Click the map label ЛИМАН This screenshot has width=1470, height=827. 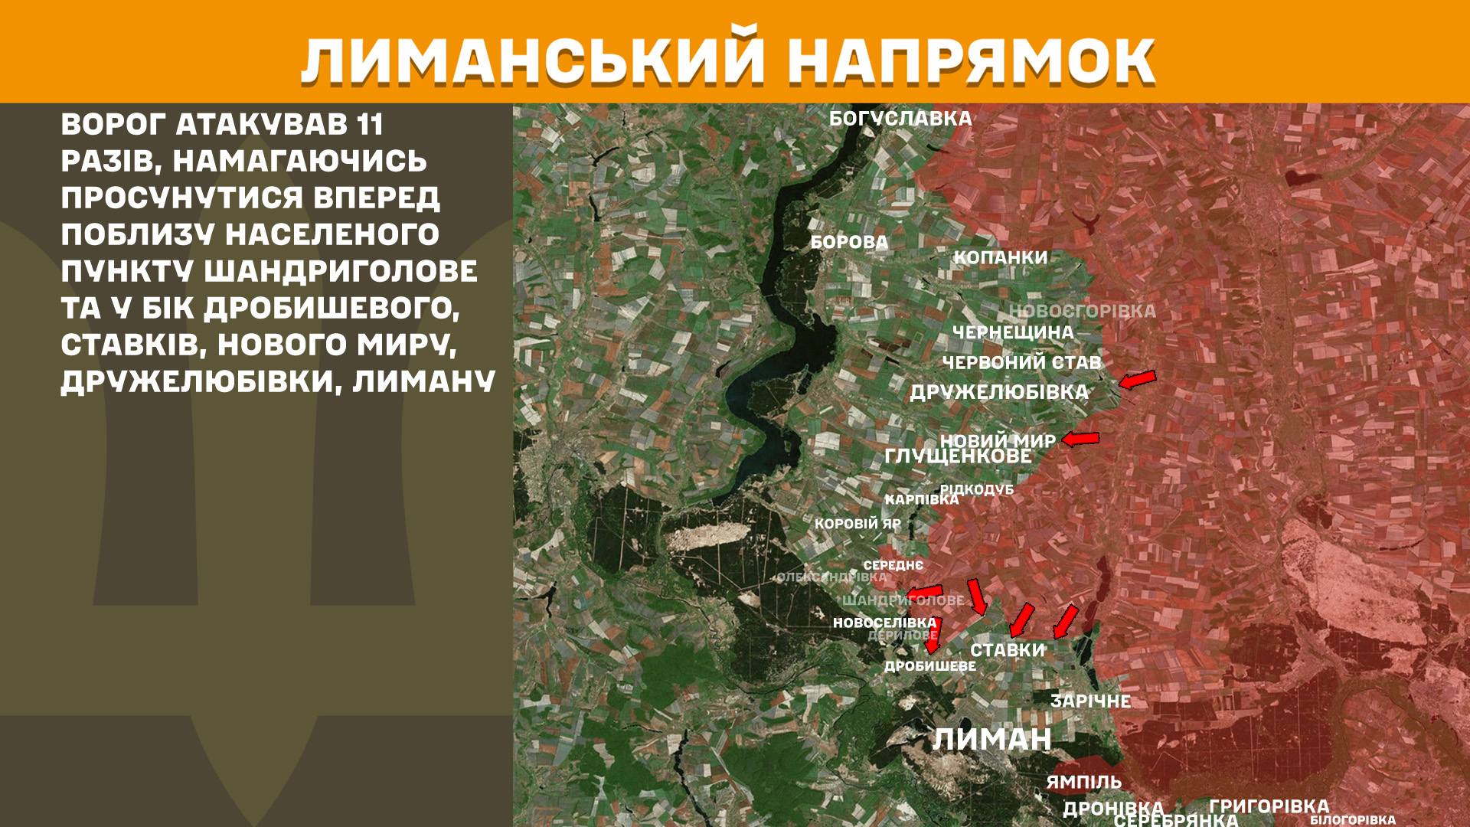pyautogui.click(x=991, y=740)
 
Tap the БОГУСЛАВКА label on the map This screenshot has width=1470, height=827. pyautogui.click(x=900, y=119)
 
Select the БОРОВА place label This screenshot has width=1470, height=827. pyautogui.click(x=849, y=243)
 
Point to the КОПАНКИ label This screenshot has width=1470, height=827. pyautogui.click(x=1000, y=257)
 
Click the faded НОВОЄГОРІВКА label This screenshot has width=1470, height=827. pyautogui.click(x=1082, y=311)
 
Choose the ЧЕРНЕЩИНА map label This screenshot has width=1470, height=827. pyautogui.click(x=1012, y=332)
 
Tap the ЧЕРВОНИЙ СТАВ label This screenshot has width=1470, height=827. pyautogui.click(x=1021, y=361)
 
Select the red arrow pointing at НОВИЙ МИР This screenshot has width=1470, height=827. pyautogui.click(x=1080, y=439)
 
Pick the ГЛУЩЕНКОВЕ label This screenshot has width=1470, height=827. pyautogui.click(x=957, y=456)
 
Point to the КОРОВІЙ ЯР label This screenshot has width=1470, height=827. pyautogui.click(x=857, y=525)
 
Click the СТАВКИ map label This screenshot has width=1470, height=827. pyautogui.click(x=1007, y=650)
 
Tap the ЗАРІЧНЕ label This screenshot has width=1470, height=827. pyautogui.click(x=1090, y=701)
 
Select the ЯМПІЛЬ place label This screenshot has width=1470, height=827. pyautogui.click(x=1083, y=782)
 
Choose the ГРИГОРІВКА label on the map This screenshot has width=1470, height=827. pyautogui.click(x=1269, y=806)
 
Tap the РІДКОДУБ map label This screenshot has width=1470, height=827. pyautogui.click(x=976, y=489)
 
